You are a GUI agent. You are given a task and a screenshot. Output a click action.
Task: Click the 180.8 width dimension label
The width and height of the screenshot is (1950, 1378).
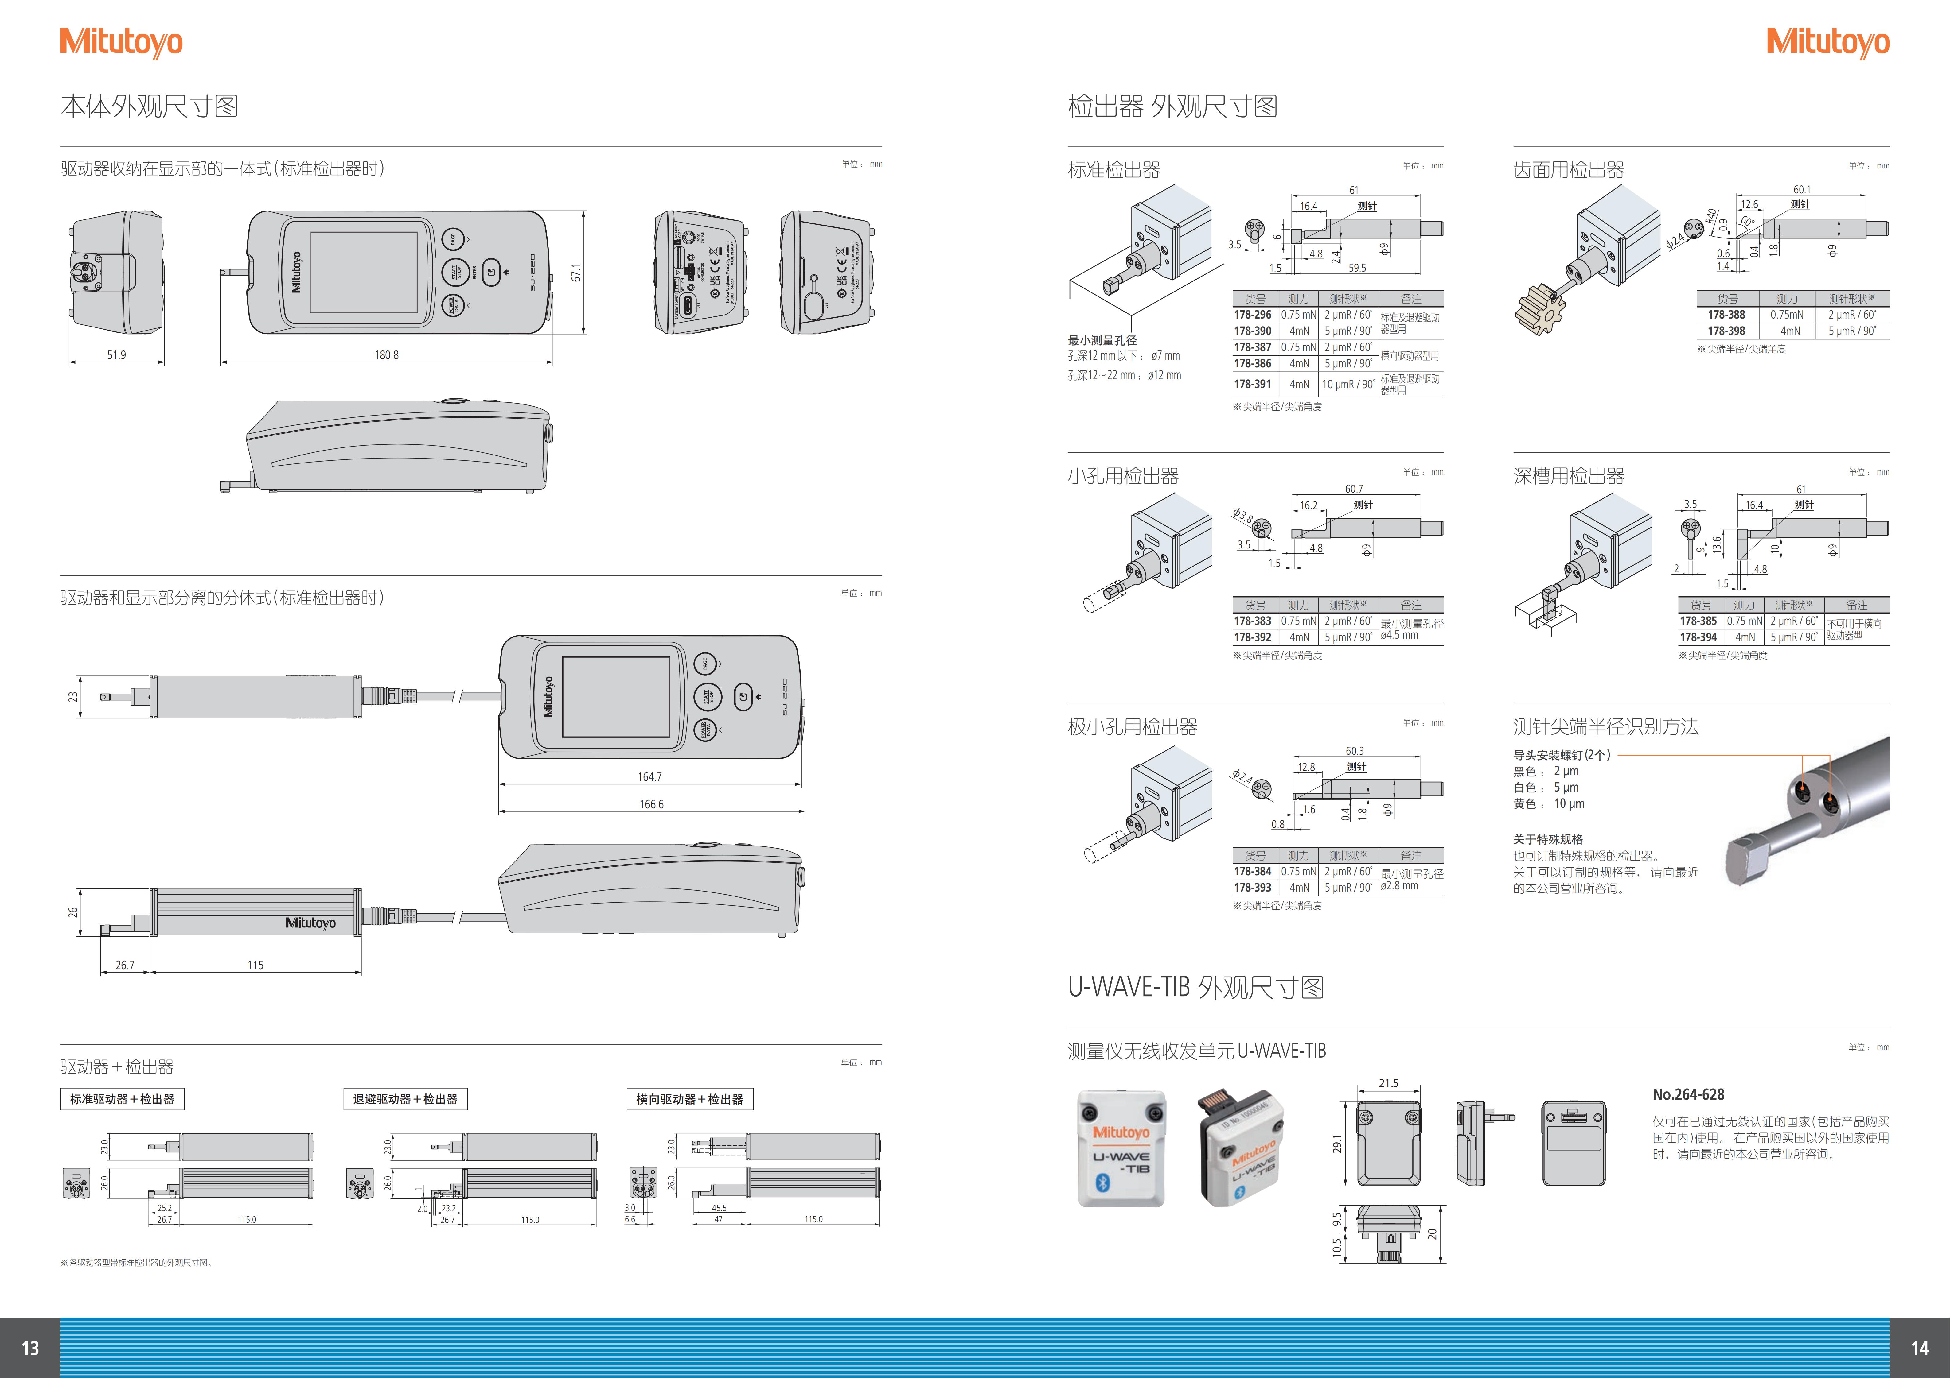pyautogui.click(x=386, y=355)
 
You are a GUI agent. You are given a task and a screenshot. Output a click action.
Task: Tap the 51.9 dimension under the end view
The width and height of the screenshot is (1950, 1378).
pyautogui.click(x=116, y=355)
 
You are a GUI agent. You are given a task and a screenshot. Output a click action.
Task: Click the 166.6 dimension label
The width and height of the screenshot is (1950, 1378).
pyautogui.click(x=651, y=804)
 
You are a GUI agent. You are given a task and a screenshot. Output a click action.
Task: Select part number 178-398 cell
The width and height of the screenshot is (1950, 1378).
pyautogui.click(x=1727, y=331)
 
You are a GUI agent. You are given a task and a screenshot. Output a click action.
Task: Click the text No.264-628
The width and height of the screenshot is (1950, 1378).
pyautogui.click(x=1688, y=1095)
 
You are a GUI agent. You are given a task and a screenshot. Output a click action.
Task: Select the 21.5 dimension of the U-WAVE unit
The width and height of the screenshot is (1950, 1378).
pyautogui.click(x=1389, y=1083)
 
